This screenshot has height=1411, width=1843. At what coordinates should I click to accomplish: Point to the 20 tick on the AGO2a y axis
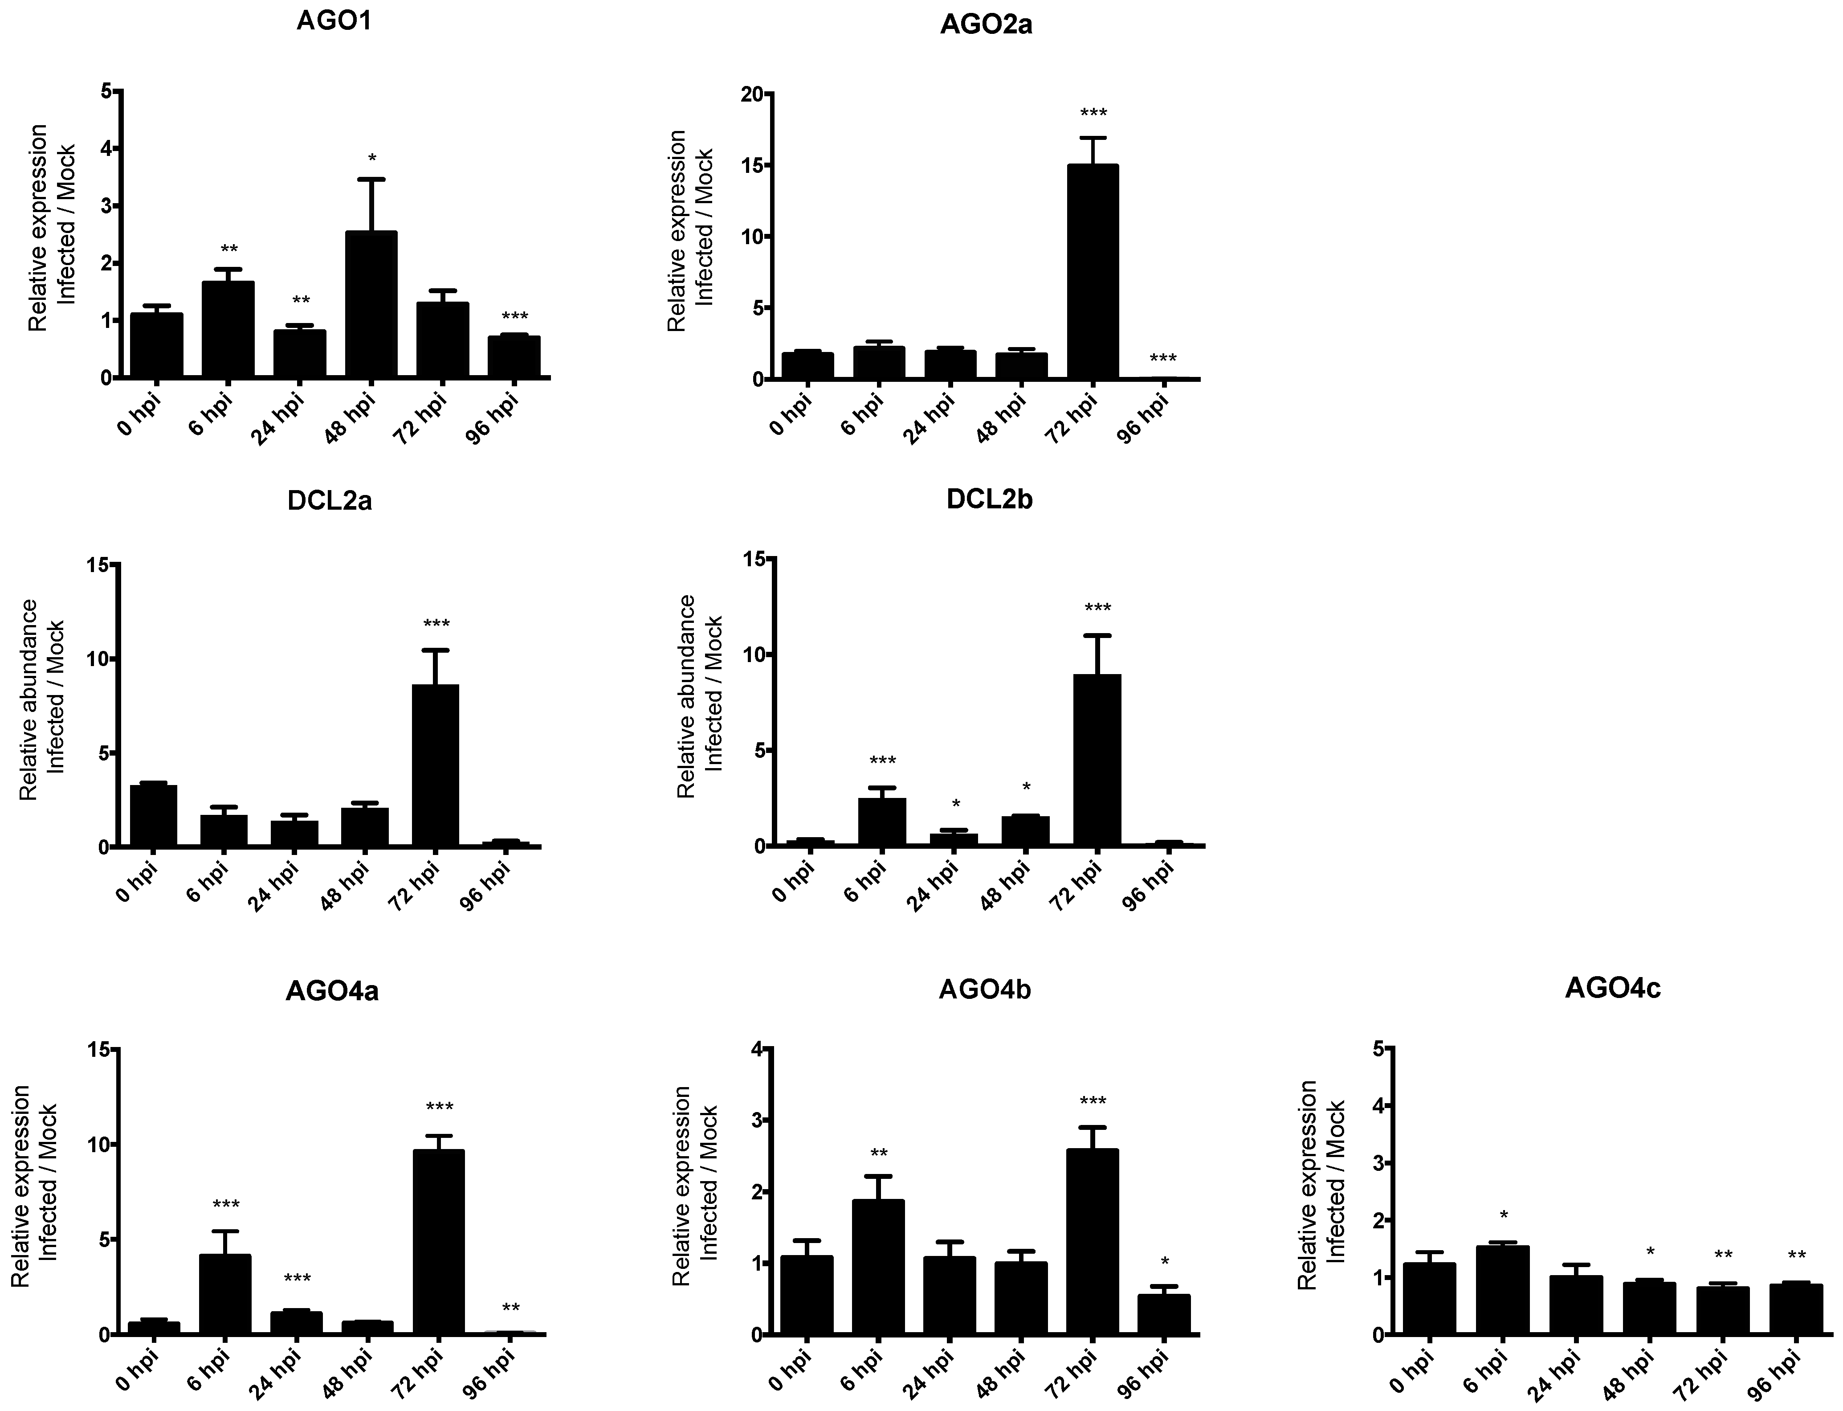751,94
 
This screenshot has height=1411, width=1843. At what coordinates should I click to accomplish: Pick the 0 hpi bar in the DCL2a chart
154,815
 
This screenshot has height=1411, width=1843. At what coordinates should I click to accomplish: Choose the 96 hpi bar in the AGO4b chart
1164,1313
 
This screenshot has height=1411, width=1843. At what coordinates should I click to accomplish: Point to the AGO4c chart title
1612,989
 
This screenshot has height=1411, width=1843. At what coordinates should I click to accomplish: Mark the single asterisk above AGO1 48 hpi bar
372,159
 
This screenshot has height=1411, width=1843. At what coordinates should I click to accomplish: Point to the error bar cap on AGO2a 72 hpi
1093,138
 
